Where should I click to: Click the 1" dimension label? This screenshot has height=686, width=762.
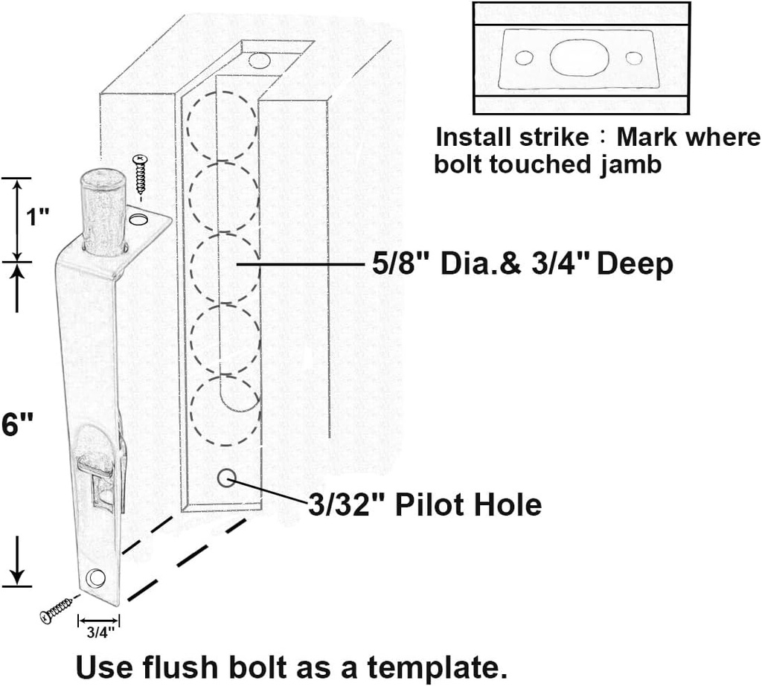click(x=37, y=218)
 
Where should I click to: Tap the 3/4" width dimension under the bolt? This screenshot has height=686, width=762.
click(x=98, y=632)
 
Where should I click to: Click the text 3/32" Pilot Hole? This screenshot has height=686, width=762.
click(x=425, y=505)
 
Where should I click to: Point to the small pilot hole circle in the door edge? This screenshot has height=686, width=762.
click(x=227, y=478)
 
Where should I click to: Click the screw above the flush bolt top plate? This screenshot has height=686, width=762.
click(x=140, y=173)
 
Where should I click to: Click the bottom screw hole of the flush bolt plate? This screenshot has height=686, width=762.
click(x=95, y=577)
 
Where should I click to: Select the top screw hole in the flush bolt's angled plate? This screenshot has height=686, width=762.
click(x=138, y=219)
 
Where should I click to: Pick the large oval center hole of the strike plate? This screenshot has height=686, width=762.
click(x=579, y=58)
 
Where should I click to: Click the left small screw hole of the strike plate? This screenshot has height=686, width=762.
click(x=524, y=58)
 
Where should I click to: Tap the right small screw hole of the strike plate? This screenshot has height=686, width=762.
click(x=634, y=58)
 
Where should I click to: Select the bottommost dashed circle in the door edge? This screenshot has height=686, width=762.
click(x=225, y=411)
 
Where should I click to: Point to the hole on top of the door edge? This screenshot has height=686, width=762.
click(x=259, y=60)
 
